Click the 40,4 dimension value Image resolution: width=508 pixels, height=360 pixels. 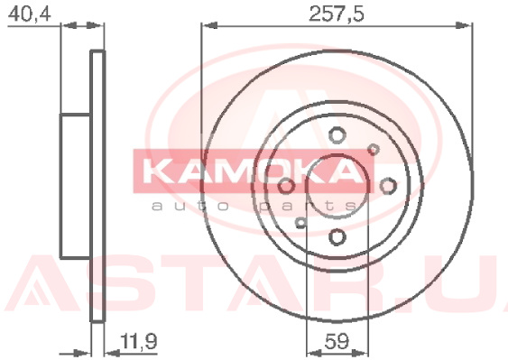pyautogui.click(x=29, y=14)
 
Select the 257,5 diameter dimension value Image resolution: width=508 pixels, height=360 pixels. pyautogui.click(x=337, y=14)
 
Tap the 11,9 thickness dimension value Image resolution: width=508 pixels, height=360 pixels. pyautogui.click(x=139, y=341)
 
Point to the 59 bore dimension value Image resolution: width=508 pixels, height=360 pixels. pyautogui.click(x=337, y=341)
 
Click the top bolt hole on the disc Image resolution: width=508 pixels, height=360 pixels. pyautogui.click(x=337, y=134)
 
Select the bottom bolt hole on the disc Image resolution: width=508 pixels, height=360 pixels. pyautogui.click(x=337, y=237)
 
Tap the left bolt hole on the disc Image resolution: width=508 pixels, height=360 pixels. pyautogui.click(x=286, y=186)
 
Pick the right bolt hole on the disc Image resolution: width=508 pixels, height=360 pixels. pyautogui.click(x=388, y=186)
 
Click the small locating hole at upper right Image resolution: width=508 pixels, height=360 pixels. pyautogui.click(x=374, y=150)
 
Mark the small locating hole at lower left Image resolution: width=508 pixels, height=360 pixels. pyautogui.click(x=301, y=222)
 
